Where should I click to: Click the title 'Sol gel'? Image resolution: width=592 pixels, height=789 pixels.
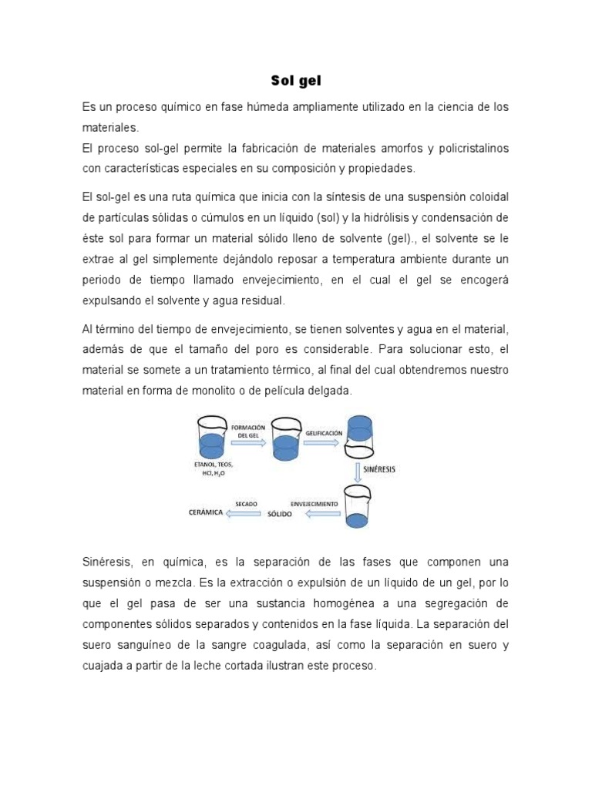point(296,80)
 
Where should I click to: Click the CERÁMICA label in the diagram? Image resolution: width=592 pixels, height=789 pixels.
point(206,512)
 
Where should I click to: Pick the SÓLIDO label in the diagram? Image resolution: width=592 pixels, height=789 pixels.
point(280,514)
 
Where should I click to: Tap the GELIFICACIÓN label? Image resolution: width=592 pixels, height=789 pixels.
point(324,434)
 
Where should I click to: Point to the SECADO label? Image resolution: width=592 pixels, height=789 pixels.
point(247,503)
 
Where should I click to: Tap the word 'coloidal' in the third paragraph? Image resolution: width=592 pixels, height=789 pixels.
point(486,196)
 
